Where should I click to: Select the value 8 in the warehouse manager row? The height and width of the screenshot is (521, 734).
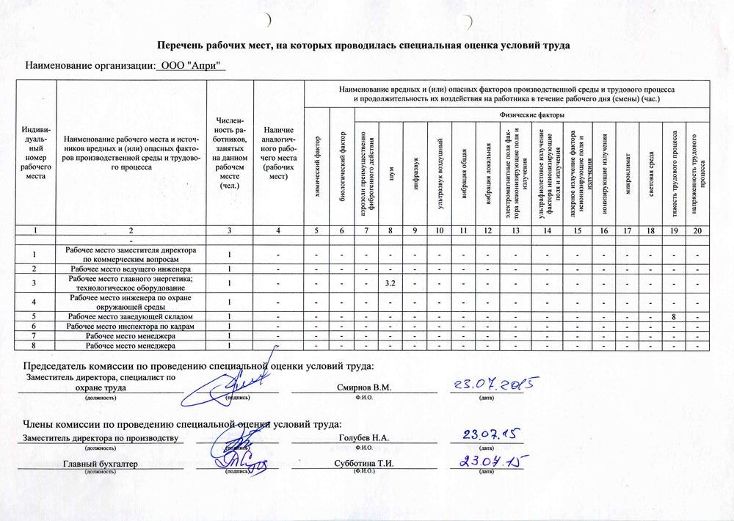coord(673,316)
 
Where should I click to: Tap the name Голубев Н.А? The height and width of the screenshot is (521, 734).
coord(363,438)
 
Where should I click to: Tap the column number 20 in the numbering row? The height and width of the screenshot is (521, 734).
coord(697,231)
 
